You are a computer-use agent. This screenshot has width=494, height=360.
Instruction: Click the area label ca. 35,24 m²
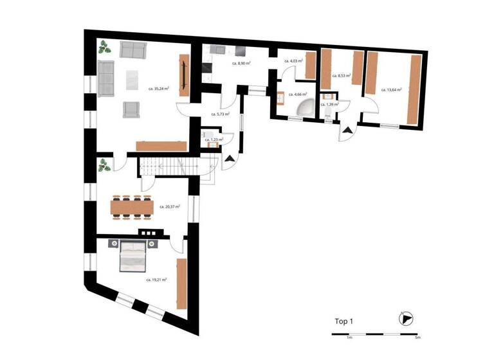[x=159, y=89]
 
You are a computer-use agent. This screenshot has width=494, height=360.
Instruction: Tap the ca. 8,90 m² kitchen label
[x=241, y=64]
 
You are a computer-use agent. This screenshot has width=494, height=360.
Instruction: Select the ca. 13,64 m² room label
[x=391, y=90]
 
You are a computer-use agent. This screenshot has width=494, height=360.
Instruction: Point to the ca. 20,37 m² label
[x=169, y=206]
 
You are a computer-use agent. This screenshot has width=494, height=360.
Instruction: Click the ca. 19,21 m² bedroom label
[x=156, y=280]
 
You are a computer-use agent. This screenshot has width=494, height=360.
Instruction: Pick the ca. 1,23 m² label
[x=214, y=139]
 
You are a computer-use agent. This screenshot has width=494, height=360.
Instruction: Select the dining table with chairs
[x=133, y=206]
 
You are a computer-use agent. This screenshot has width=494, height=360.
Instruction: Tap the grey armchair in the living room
[x=131, y=110]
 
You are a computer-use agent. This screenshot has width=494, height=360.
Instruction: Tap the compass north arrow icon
[x=405, y=319]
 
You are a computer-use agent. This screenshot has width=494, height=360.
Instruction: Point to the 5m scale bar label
[x=417, y=337]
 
